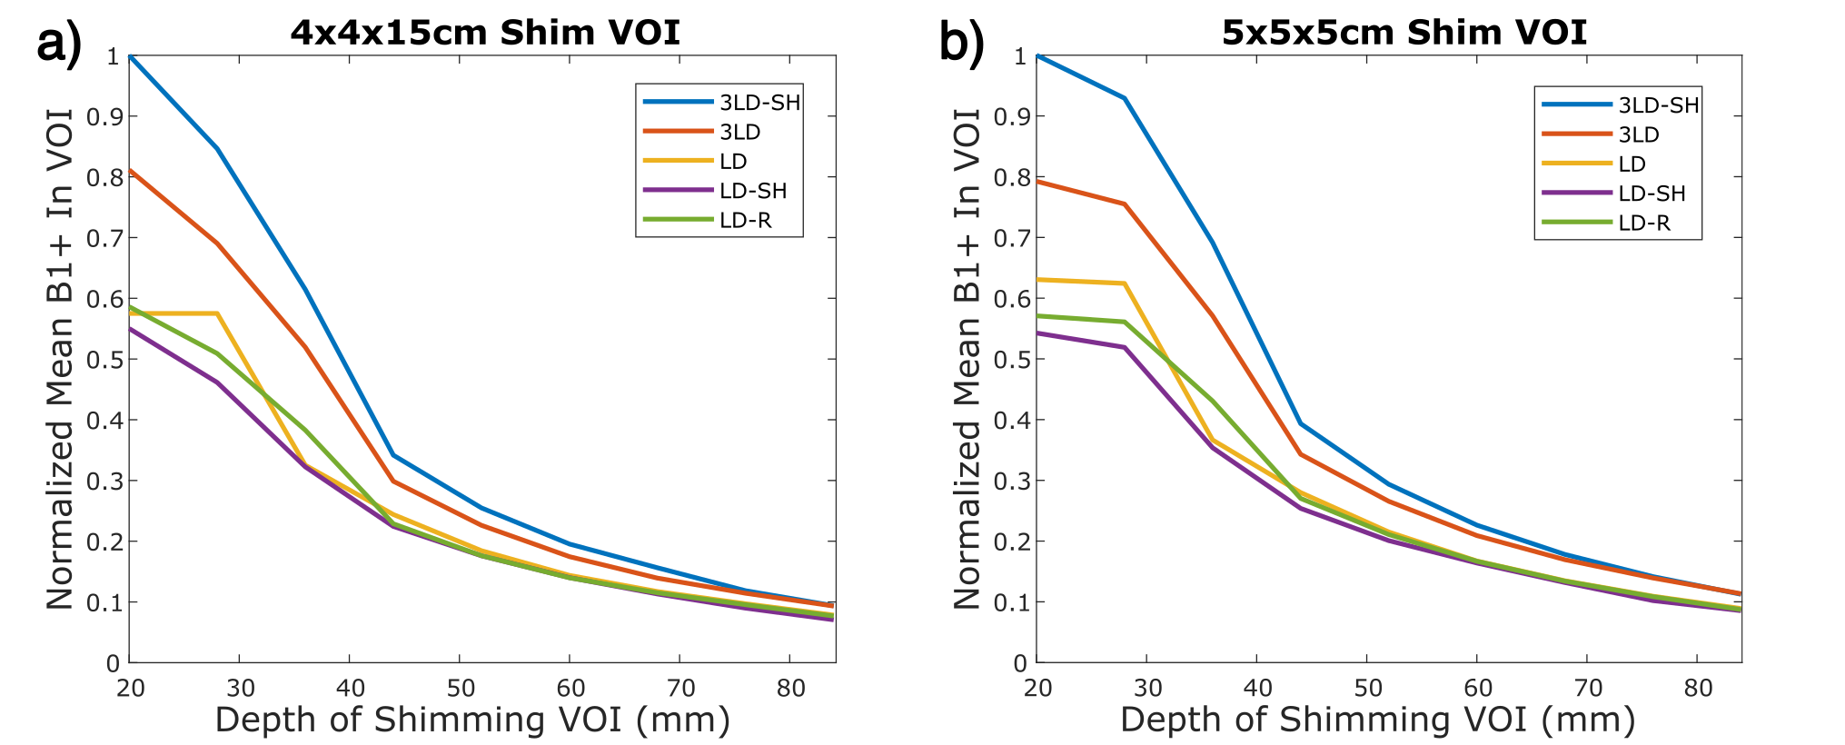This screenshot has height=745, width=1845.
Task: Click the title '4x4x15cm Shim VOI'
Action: pyautogui.click(x=485, y=33)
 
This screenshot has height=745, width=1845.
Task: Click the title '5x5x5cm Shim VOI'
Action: pyautogui.click(x=1404, y=33)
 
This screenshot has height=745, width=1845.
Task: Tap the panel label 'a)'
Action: pyautogui.click(x=59, y=43)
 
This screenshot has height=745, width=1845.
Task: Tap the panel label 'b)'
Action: pyautogui.click(x=961, y=43)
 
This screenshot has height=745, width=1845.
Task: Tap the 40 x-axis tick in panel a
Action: pyautogui.click(x=350, y=688)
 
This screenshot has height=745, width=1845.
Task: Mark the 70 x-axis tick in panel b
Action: pyautogui.click(x=1588, y=688)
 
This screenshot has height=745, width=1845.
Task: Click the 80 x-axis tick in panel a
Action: pyautogui.click(x=790, y=688)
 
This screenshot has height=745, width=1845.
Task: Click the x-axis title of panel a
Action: pyautogui.click(x=472, y=720)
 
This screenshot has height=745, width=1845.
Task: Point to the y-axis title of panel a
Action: pyautogui.click(x=60, y=359)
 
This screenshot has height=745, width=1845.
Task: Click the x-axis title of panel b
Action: pyautogui.click(x=1377, y=720)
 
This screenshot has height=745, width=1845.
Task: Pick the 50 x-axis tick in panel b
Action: pyautogui.click(x=1368, y=688)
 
